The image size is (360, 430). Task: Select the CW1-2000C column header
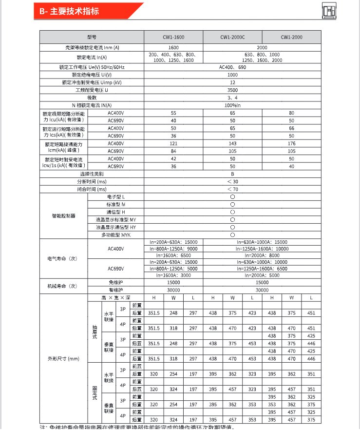point(232,37)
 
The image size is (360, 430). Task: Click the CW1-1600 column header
point(173,37)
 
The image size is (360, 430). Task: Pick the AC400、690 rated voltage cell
point(232,67)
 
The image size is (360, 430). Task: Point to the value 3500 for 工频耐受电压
point(232,90)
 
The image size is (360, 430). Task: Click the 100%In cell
point(232,105)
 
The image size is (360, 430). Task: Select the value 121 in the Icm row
point(173,143)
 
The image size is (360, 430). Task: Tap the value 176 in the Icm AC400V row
point(291,143)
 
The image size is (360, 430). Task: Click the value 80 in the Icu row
point(291,113)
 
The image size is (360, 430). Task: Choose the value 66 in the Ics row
point(291,128)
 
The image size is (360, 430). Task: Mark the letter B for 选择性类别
point(232,174)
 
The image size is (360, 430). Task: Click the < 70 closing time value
point(232,189)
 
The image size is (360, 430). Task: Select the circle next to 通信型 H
point(232,212)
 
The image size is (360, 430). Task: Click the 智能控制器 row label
point(63,216)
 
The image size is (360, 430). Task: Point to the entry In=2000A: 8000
point(262,255)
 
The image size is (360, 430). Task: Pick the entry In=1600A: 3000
point(173,275)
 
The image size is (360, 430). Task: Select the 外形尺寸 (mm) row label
point(63,359)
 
